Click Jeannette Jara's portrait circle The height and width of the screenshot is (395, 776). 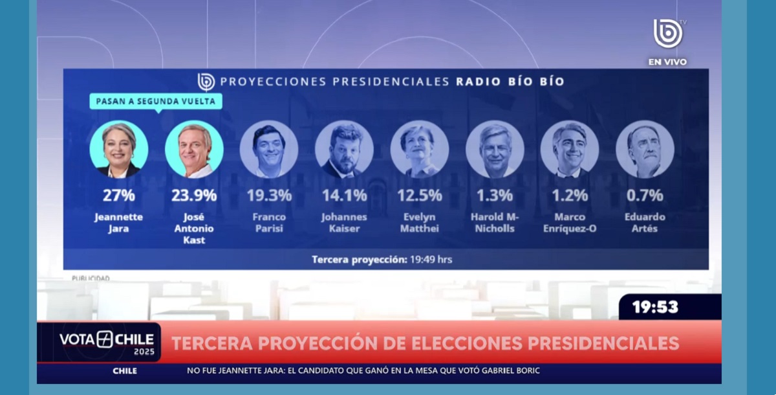pos(119,150)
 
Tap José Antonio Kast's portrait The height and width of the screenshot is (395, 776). pos(194,150)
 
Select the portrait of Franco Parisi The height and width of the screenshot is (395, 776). pos(269,150)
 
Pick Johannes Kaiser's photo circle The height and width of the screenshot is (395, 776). pos(344,150)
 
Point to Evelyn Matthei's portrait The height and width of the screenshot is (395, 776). pos(420,150)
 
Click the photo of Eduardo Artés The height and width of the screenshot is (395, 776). pos(645,150)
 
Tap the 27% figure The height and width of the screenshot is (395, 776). pos(119,195)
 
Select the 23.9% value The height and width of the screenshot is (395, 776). pos(194,195)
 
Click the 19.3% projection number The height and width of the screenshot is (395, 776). pos(269,195)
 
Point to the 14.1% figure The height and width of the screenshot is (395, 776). pos(344,195)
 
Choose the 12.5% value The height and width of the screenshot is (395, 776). pos(420,195)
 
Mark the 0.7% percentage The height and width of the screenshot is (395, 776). pos(645,195)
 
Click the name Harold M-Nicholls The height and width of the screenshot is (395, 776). pos(495,223)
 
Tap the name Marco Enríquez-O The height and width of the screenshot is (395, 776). pos(570,223)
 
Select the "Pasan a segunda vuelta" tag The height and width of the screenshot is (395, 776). pos(156,101)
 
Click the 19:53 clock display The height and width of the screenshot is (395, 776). pos(655,307)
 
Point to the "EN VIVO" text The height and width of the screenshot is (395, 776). pos(667,62)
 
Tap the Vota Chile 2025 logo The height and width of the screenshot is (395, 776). pos(106,342)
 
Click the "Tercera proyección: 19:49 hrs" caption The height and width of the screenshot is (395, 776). pos(382,259)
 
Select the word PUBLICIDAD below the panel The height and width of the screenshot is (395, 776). pos(91,278)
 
